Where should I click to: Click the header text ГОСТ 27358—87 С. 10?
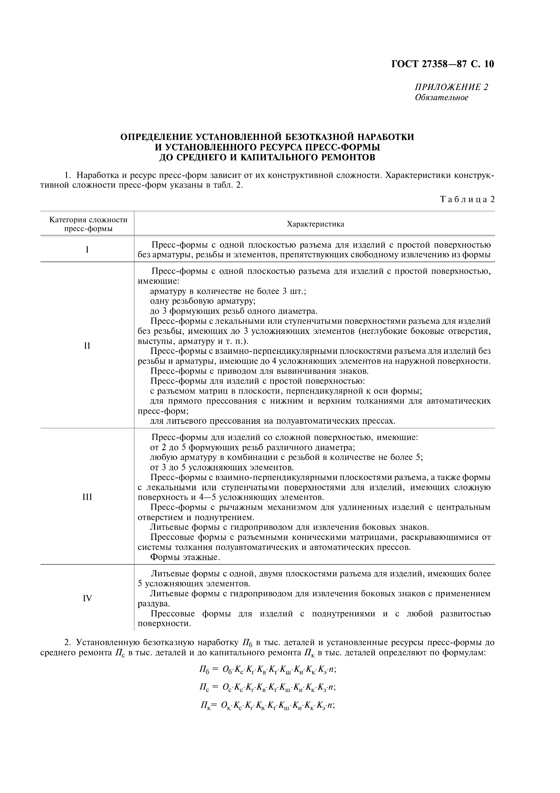coord(443,64)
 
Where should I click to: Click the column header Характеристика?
coord(315,224)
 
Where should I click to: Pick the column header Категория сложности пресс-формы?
coord(88,224)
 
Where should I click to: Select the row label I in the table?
coord(87,250)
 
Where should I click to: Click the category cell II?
coord(87,345)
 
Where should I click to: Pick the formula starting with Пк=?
coord(268,706)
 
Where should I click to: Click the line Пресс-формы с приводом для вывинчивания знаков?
coord(260,371)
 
